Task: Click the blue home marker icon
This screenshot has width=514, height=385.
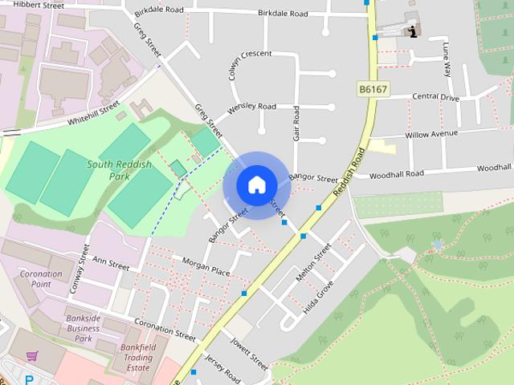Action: tap(256, 184)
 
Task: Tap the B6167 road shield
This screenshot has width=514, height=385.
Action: tap(373, 90)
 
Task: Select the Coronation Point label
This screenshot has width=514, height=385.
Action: tap(41, 279)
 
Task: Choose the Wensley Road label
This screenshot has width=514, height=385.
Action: tap(252, 107)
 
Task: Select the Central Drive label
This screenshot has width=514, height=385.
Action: tap(435, 97)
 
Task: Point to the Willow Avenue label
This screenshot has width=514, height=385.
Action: tap(431, 134)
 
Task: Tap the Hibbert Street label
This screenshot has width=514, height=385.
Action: tap(39, 5)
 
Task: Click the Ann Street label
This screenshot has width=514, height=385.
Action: tap(111, 261)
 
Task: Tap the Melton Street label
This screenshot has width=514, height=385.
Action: tap(313, 263)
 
